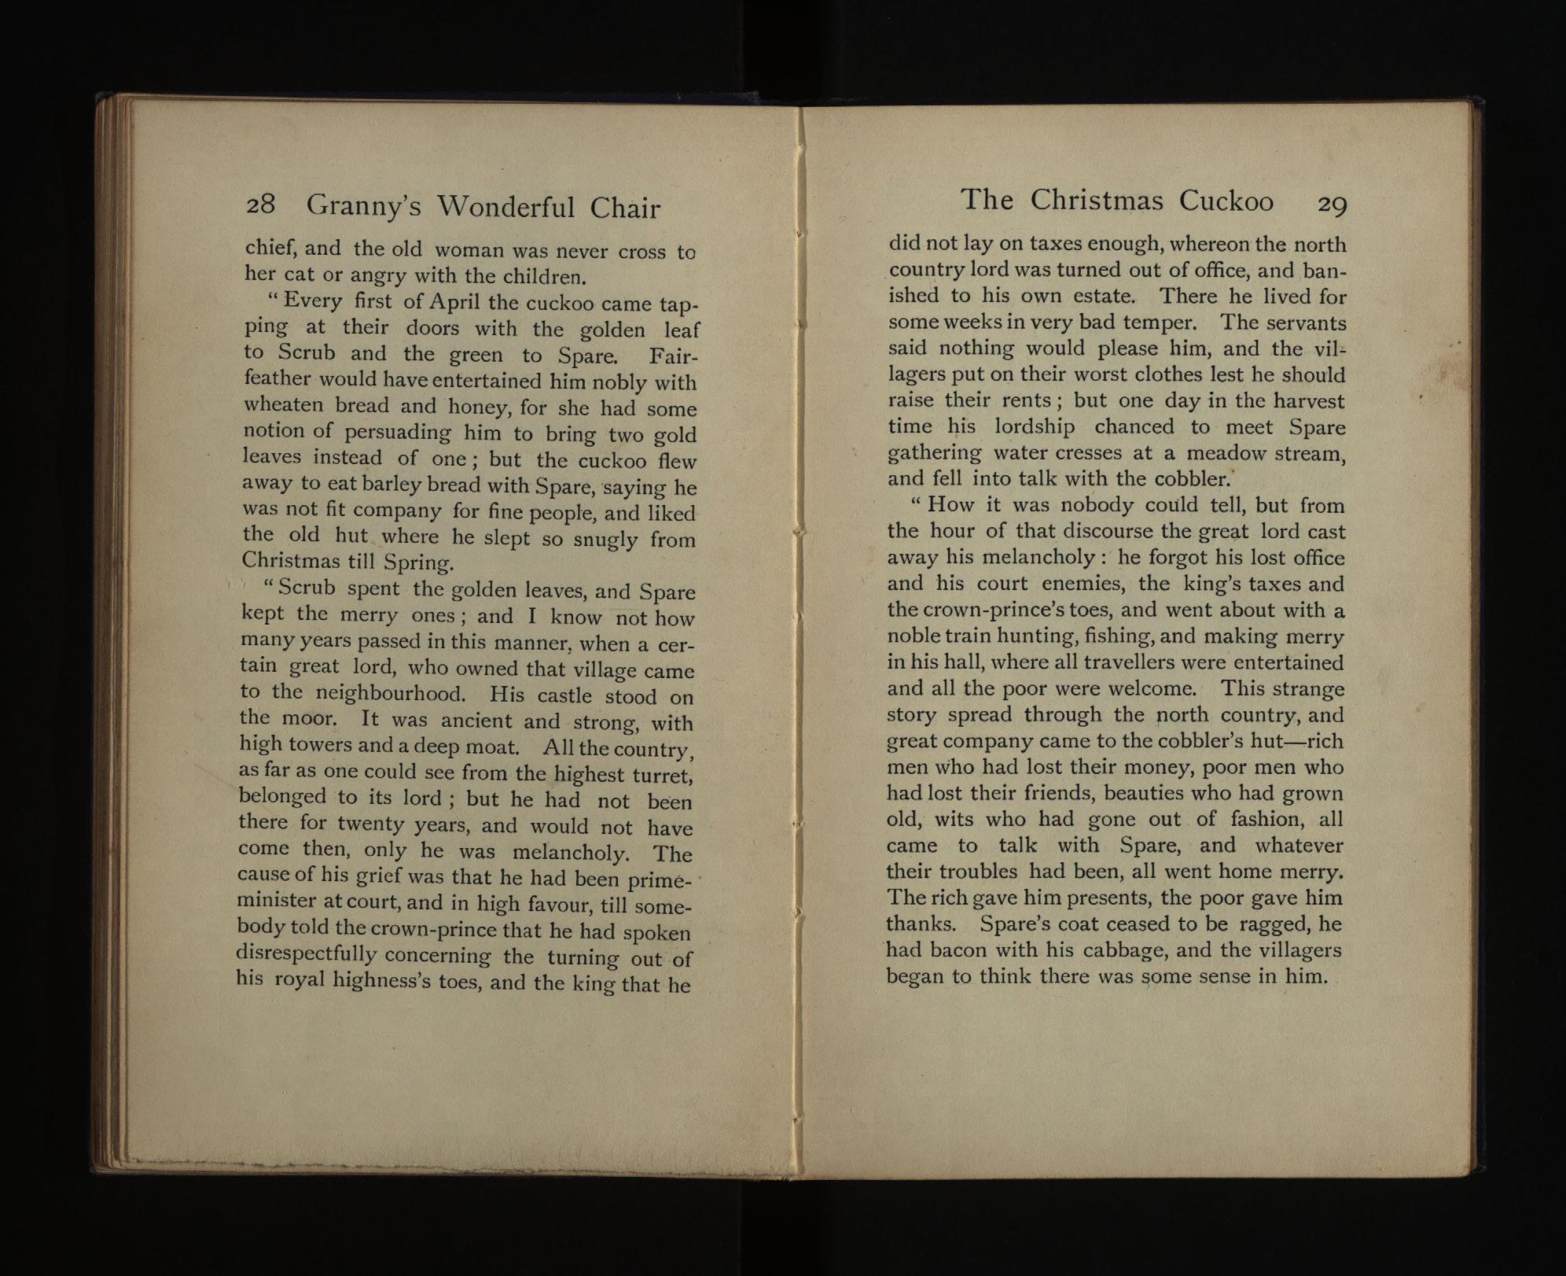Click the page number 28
(260, 205)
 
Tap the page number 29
(1332, 205)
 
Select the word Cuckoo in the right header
(1226, 201)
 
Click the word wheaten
(284, 405)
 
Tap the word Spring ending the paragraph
(418, 563)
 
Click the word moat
(480, 746)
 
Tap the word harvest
(1308, 401)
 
